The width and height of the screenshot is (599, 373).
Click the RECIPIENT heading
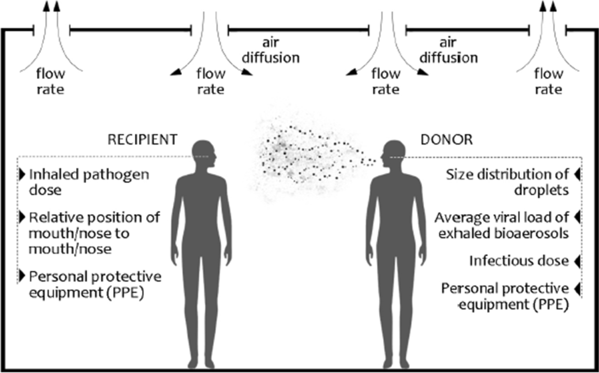point(142,139)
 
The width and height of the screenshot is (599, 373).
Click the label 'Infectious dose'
point(519,261)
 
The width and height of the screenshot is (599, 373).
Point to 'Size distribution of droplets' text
point(507,182)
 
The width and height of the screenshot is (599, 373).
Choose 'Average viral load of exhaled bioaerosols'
point(501,225)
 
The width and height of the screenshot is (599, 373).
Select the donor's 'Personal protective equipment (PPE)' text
point(505,296)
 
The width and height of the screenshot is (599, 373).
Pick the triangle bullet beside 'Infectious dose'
point(577,261)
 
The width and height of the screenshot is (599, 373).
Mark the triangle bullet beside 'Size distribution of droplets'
point(577,174)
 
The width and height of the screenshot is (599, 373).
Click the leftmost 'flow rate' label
point(50,82)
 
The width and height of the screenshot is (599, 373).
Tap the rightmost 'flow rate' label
point(549,82)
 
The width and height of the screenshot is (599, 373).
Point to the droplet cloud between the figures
point(304,157)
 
